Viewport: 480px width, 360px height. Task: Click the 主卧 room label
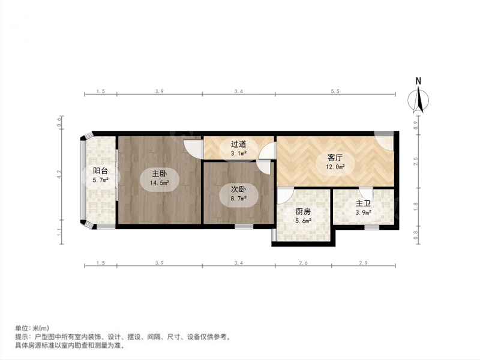pyautogui.click(x=160, y=173)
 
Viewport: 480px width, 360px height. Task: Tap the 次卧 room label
pyautogui.click(x=238, y=190)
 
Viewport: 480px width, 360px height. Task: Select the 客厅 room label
pyautogui.click(x=335, y=158)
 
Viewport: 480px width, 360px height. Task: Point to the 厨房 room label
pyautogui.click(x=304, y=211)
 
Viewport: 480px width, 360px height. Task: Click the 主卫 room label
pyautogui.click(x=364, y=203)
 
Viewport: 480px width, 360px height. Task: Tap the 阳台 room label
pyautogui.click(x=100, y=171)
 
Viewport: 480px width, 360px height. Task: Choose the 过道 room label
pyautogui.click(x=238, y=144)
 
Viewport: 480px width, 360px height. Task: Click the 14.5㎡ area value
pyautogui.click(x=160, y=183)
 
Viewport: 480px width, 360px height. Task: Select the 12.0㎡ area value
pyautogui.click(x=335, y=167)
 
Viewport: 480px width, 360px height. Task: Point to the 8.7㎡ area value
pyautogui.click(x=238, y=199)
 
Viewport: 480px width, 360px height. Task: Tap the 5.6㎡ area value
pyautogui.click(x=304, y=220)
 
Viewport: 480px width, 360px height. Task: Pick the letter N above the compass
pyautogui.click(x=418, y=81)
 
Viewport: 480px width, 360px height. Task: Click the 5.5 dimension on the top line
pyautogui.click(x=335, y=91)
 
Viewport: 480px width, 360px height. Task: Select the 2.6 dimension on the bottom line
pyautogui.click(x=304, y=263)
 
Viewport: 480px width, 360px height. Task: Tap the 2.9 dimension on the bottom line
pyautogui.click(x=364, y=263)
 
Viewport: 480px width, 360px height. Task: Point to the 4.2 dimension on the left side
pyautogui.click(x=59, y=175)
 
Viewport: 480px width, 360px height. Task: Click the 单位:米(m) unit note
pyautogui.click(x=32, y=328)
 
